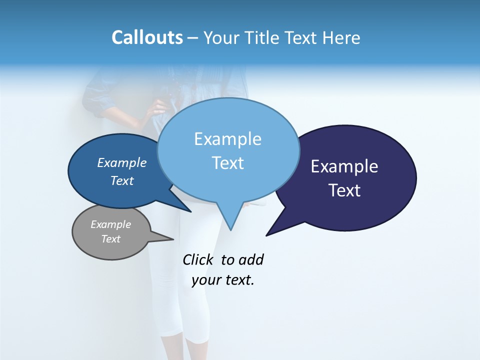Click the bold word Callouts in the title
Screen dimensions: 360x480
147,37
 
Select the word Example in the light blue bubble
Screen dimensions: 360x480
227,139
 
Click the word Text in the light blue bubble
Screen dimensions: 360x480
227,163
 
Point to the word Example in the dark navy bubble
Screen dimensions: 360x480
344,166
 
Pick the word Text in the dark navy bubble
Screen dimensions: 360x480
345,190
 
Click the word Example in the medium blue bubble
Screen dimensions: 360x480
122,162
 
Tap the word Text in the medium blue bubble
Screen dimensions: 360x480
122,180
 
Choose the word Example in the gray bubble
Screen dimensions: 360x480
110,224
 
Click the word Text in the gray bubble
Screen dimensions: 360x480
110,239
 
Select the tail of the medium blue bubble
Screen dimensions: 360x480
185,208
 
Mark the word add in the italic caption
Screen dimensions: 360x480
251,259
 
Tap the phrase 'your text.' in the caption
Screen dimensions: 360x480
223,280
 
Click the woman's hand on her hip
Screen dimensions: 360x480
159,107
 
